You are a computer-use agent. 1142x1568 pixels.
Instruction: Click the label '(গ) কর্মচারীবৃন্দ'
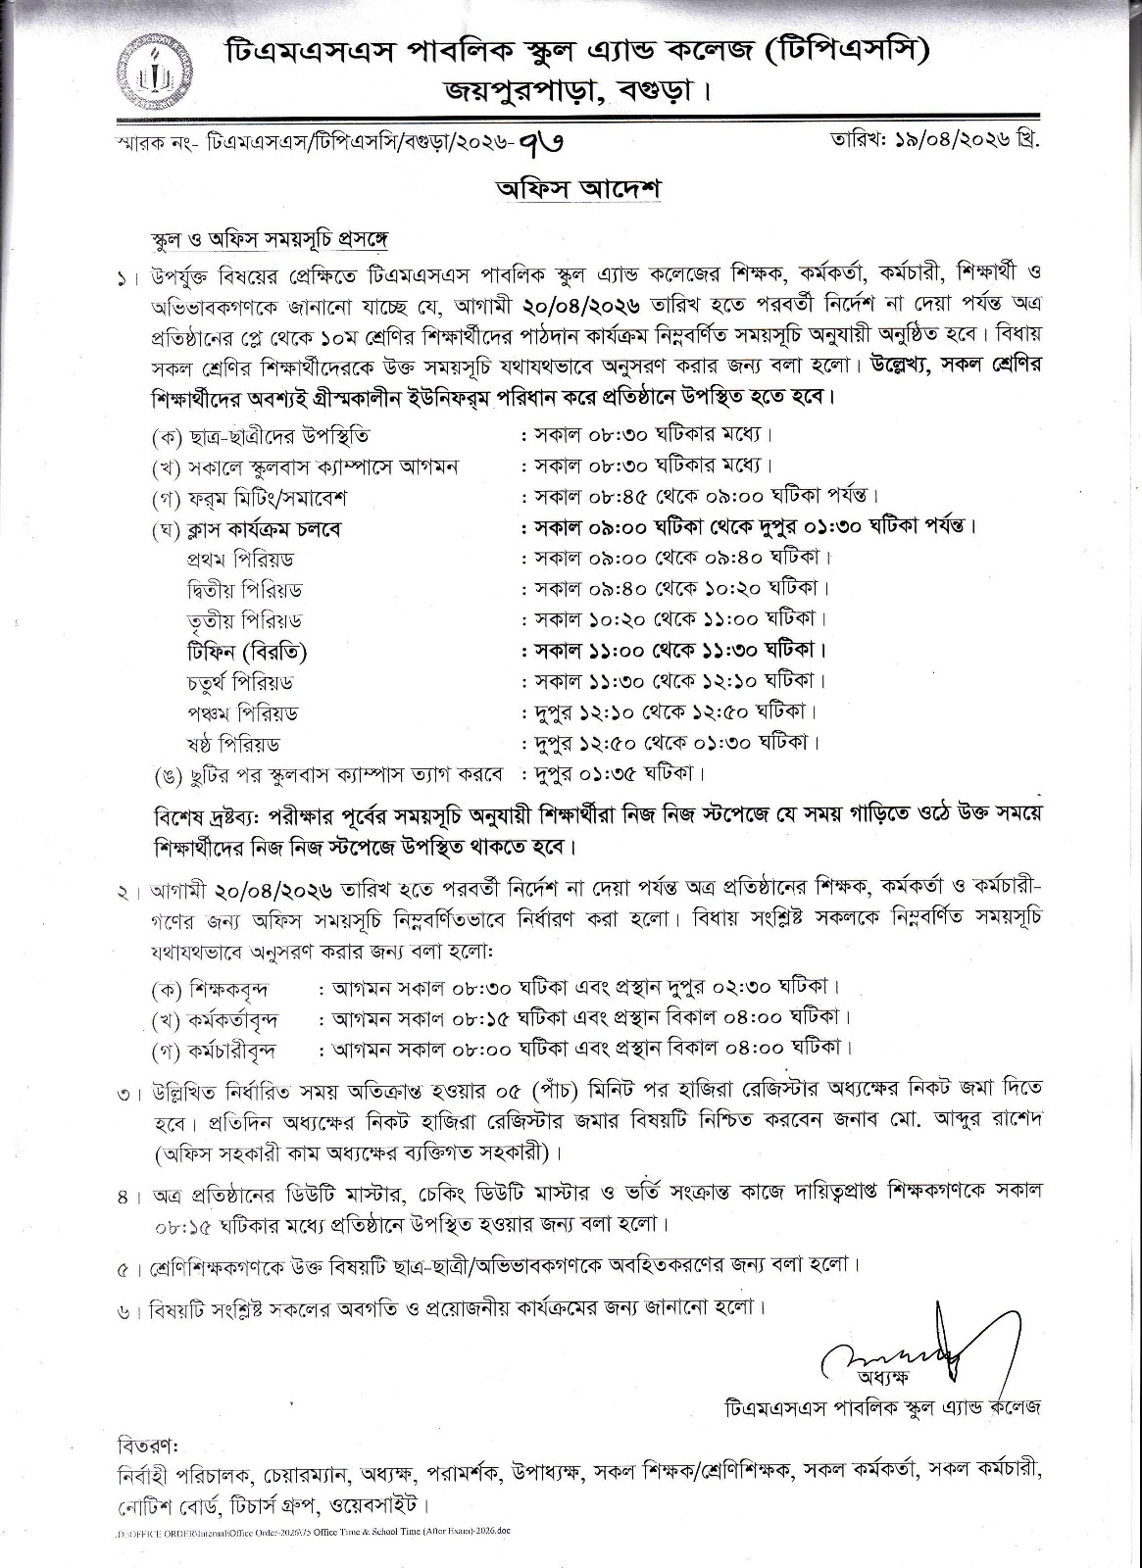click(x=214, y=1050)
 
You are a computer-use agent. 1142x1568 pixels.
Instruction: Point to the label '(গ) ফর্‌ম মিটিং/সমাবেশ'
click(x=250, y=497)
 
